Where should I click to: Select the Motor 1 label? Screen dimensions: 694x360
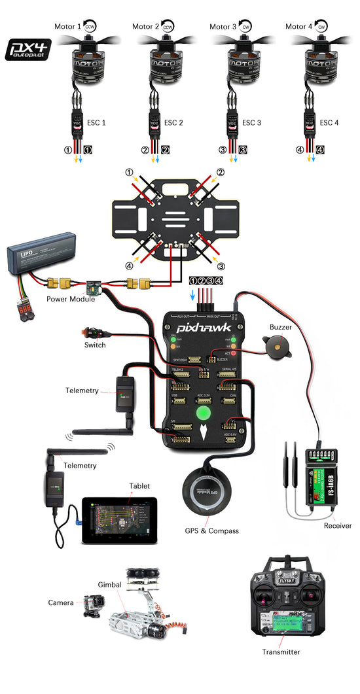click(x=67, y=27)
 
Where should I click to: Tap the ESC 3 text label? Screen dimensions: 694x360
click(x=251, y=122)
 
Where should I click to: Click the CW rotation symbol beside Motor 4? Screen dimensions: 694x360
click(x=321, y=27)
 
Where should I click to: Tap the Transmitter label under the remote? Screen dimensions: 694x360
click(x=281, y=651)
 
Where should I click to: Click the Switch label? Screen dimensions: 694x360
click(x=95, y=345)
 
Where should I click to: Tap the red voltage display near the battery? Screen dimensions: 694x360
click(x=24, y=309)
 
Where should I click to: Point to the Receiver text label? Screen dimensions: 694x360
click(x=337, y=526)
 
